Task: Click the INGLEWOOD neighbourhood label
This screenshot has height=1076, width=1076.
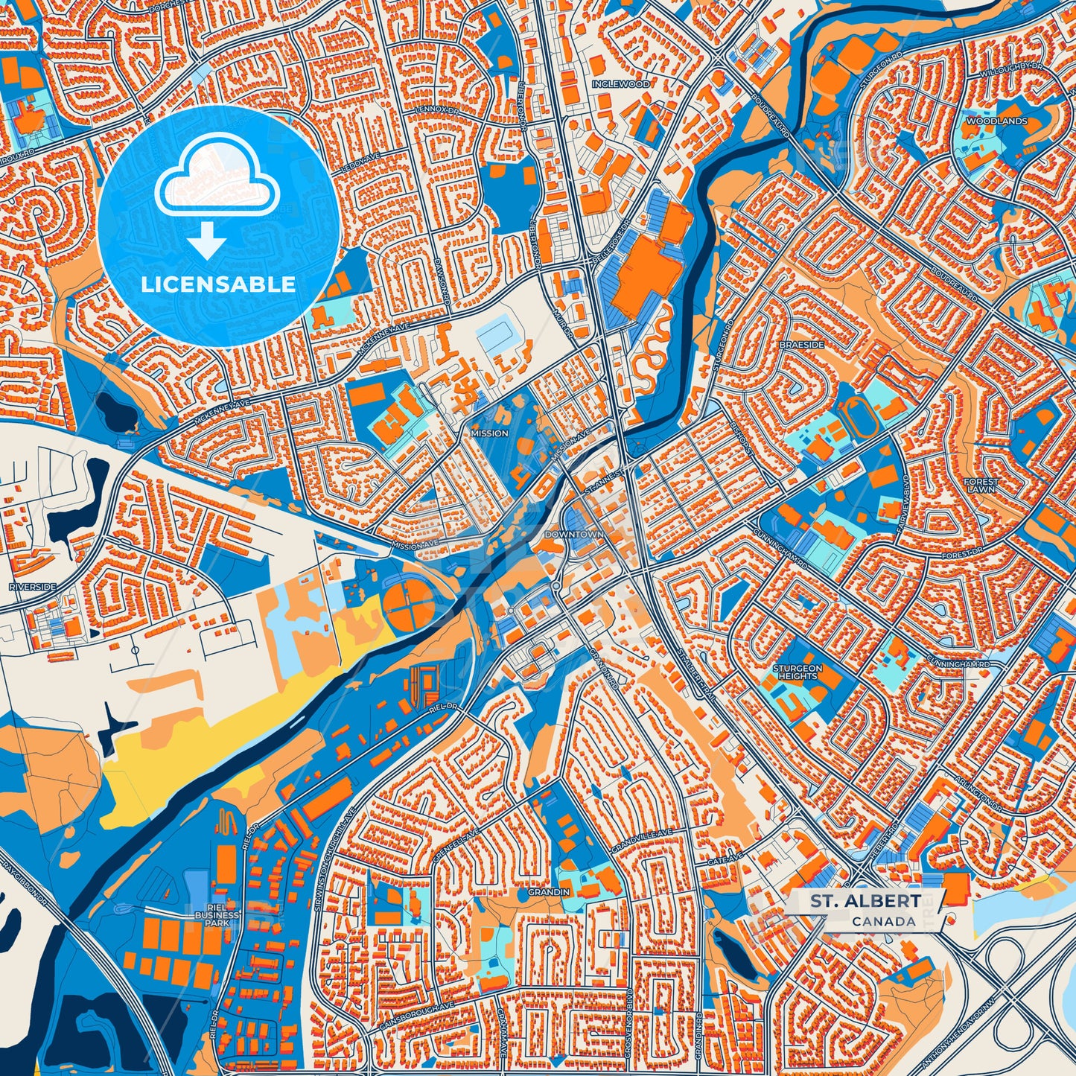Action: pyautogui.click(x=621, y=84)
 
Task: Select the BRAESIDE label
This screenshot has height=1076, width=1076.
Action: pyautogui.click(x=802, y=346)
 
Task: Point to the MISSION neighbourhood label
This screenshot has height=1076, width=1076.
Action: pyautogui.click(x=489, y=433)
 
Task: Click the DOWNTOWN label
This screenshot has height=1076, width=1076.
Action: pyautogui.click(x=574, y=535)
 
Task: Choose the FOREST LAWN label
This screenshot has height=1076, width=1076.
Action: pyautogui.click(x=981, y=486)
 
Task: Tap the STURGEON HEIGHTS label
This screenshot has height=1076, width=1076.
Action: pyautogui.click(x=798, y=672)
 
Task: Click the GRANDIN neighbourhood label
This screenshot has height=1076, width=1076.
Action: pyautogui.click(x=549, y=891)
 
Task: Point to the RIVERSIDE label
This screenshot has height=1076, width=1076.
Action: pyautogui.click(x=33, y=587)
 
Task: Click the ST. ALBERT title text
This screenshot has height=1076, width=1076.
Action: pyautogui.click(x=865, y=901)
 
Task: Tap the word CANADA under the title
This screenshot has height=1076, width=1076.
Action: pyautogui.click(x=884, y=921)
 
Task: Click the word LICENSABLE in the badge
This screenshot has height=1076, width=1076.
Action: pyautogui.click(x=218, y=284)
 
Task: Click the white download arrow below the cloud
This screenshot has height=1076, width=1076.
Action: pyautogui.click(x=208, y=241)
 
